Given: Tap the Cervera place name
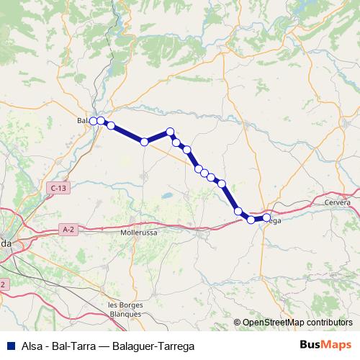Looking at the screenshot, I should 337,203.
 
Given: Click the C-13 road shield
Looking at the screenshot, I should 59,188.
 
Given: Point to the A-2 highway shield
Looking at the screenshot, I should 68,230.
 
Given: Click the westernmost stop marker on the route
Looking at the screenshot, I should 93,121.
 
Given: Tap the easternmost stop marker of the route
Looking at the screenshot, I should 266,217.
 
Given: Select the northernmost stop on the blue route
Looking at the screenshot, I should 171,132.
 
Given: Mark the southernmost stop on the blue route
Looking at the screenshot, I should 251,220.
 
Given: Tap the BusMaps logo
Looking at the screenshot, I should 325,345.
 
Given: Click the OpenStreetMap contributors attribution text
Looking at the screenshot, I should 297,323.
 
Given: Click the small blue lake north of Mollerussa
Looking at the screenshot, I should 167,195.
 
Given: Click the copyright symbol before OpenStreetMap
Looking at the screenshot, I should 238,323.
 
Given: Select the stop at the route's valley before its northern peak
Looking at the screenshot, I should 144,142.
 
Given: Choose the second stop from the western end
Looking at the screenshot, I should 101,121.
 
